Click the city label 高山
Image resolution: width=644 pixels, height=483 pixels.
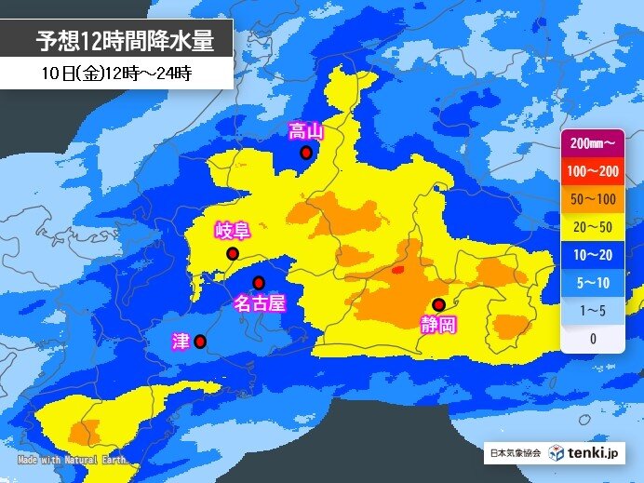click(304, 131)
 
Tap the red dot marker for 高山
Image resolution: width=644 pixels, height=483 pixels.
click(305, 154)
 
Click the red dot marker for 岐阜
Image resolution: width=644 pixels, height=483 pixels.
click(233, 253)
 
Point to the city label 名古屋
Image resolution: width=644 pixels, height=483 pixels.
click(258, 303)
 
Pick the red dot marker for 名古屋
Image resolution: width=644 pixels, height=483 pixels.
click(259, 282)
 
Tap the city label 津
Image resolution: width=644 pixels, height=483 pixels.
click(181, 341)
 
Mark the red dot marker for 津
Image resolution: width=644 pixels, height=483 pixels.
click(200, 342)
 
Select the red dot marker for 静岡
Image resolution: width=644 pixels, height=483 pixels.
click(438, 303)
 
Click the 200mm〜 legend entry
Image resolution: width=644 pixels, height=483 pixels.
click(592, 144)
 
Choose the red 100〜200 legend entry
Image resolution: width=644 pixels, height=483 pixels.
click(592, 172)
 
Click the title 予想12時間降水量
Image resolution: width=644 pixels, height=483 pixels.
click(125, 41)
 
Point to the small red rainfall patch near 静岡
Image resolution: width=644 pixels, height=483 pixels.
click(398, 270)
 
